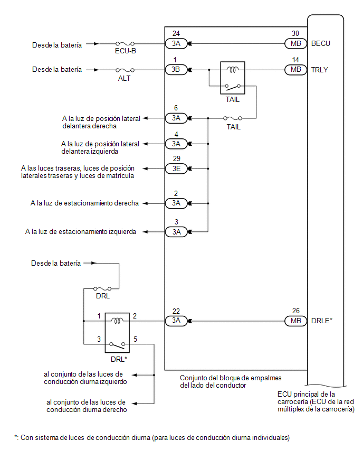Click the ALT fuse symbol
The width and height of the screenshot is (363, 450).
coord(125,69)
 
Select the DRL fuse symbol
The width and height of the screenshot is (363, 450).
coord(102,288)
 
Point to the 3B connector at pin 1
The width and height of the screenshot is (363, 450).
coord(175,69)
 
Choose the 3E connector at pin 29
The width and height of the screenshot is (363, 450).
coord(175,168)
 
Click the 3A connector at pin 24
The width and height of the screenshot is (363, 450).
coord(175,44)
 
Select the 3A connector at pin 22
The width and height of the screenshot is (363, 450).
coord(175,321)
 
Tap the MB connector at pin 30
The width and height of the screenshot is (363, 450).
coord(295,44)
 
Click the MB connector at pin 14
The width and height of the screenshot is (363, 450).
coord(295,69)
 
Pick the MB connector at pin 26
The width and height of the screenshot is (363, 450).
coord(295,321)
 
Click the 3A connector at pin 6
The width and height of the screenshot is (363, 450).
coord(175,118)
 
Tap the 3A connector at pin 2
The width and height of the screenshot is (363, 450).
coord(175,203)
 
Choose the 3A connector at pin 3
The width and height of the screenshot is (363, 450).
coord(175,231)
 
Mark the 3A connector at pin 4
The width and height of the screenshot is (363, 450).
coord(175,143)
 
